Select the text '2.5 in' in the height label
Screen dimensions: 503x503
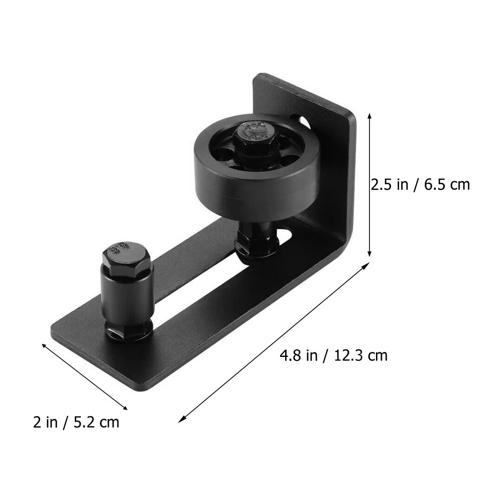tap(390, 184)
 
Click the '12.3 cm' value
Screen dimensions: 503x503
tap(359, 356)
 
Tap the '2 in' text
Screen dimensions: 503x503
tap(45, 422)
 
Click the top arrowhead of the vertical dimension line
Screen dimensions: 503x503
tap(370, 115)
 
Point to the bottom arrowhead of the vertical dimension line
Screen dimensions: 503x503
tap(370, 255)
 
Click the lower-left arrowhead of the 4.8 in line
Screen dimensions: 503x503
tap(182, 419)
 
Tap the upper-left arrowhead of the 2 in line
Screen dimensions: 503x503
tap(44, 345)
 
